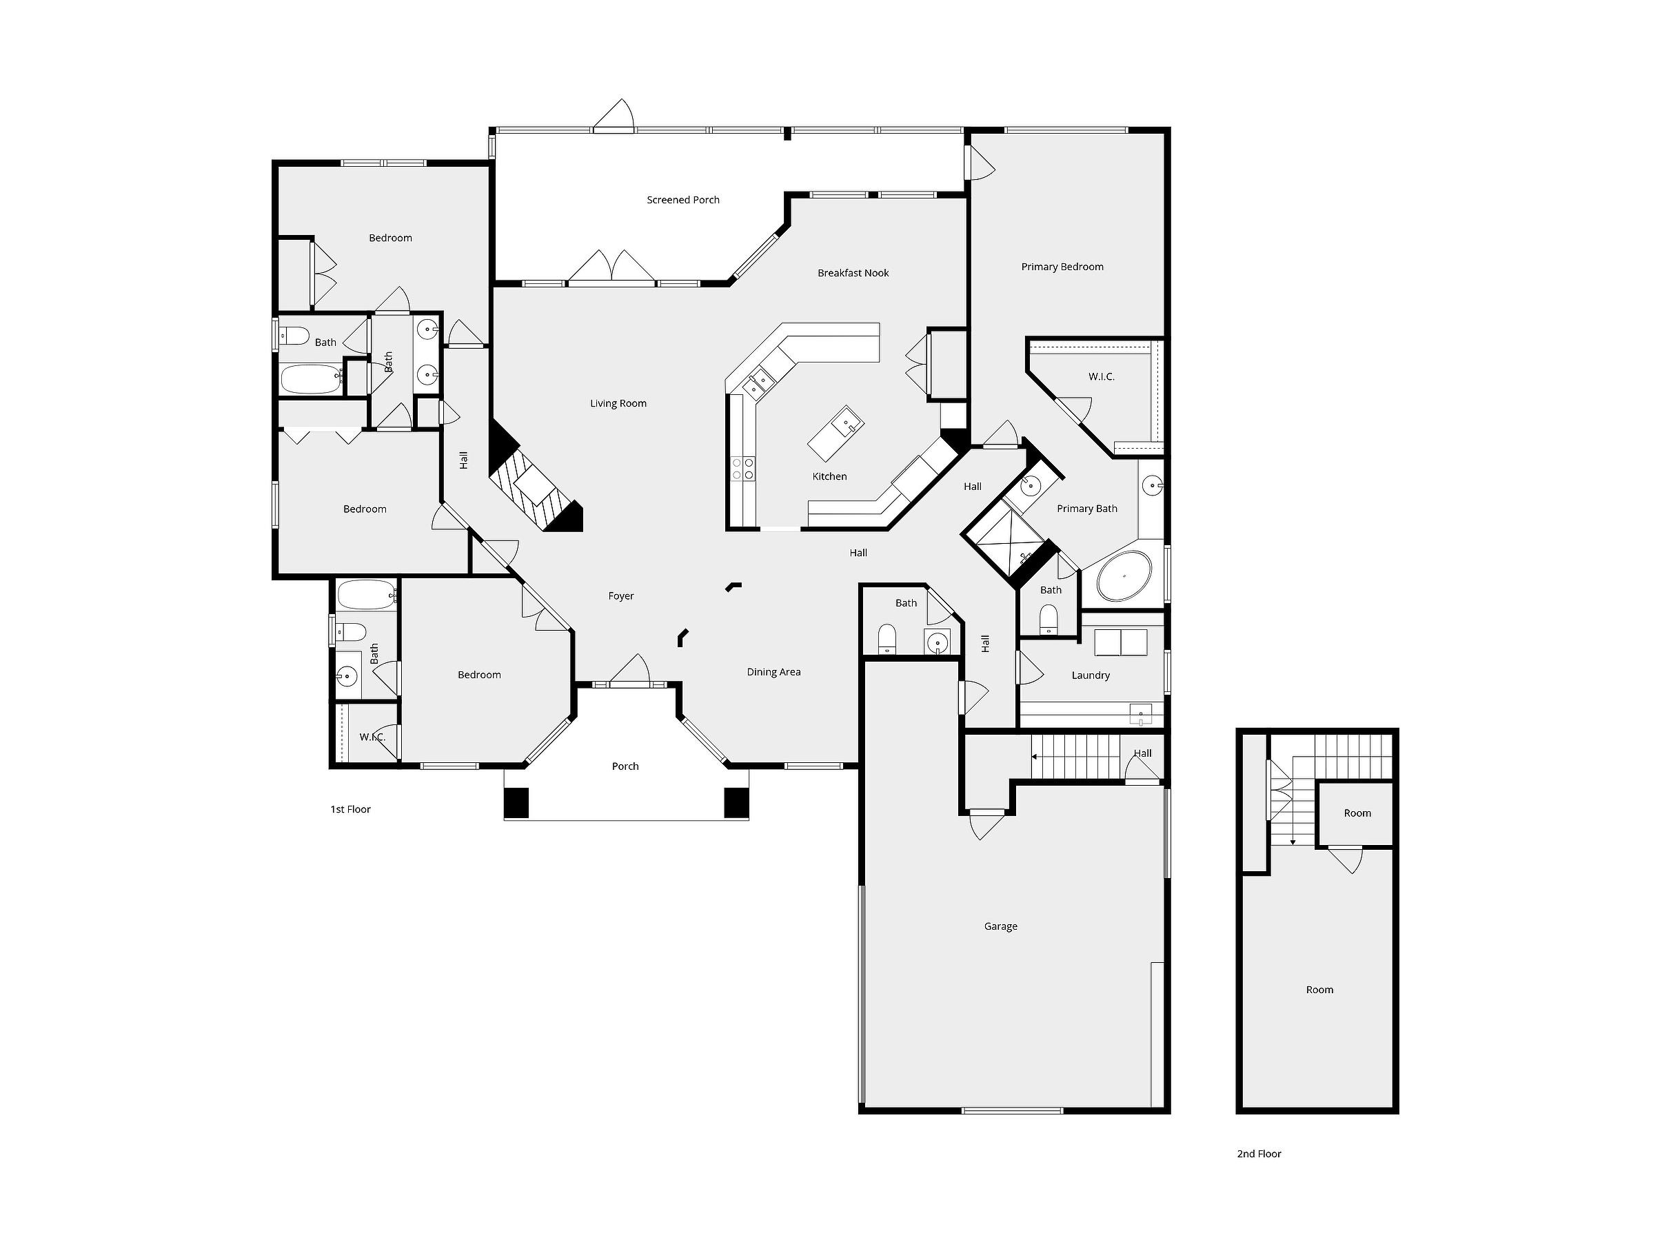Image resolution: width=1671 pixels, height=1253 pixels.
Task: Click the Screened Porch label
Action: (x=683, y=200)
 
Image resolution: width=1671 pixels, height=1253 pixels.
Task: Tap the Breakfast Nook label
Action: (x=853, y=273)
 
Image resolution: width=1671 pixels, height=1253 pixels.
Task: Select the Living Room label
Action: (x=618, y=403)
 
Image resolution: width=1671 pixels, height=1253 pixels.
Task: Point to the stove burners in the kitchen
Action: (x=742, y=468)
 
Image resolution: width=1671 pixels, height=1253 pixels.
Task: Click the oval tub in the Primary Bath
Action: (x=1124, y=575)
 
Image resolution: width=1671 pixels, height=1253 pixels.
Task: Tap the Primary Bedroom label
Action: (x=1062, y=267)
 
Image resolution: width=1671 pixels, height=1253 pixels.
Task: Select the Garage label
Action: (x=1000, y=926)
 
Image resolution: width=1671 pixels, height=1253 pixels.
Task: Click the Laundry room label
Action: (x=1090, y=675)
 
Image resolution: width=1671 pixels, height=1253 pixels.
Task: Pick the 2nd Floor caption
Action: (x=1259, y=1153)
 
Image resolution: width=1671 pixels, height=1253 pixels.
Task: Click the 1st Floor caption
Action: (x=350, y=809)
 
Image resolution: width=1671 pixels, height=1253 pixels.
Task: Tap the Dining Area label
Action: (x=773, y=672)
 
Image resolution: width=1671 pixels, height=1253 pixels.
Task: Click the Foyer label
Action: (x=621, y=596)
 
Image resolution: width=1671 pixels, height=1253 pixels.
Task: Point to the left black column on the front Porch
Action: (x=517, y=803)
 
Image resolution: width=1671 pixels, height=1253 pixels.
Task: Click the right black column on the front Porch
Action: (x=736, y=803)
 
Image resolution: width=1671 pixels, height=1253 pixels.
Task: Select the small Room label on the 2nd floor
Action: (x=1357, y=813)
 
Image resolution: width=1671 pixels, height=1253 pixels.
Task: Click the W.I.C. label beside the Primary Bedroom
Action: (x=1102, y=376)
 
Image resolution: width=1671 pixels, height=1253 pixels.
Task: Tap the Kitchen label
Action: (x=829, y=476)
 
